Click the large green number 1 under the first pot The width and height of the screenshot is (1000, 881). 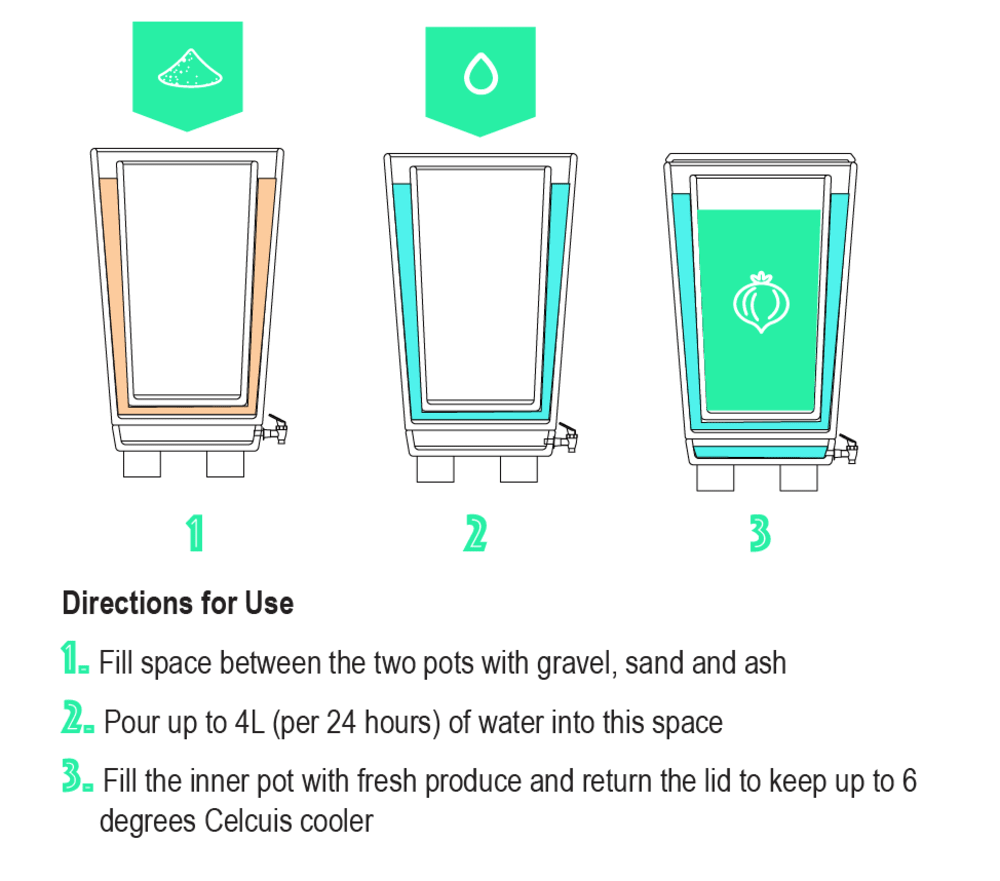point(195,534)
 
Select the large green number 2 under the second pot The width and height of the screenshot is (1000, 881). point(475,534)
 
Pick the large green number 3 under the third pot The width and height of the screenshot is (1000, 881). point(760,534)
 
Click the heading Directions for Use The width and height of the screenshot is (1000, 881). point(178,604)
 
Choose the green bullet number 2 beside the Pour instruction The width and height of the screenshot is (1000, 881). point(76,720)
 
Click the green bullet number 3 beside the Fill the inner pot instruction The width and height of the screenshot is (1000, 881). point(76,779)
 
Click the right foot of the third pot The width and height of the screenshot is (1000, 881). point(798,478)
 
